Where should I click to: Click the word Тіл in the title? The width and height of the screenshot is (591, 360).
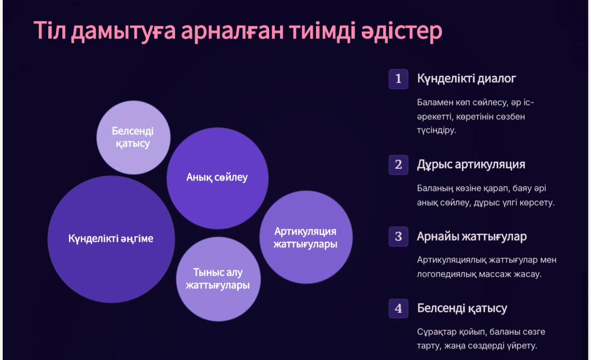tap(49, 30)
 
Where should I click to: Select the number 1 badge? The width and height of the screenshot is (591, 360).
tap(398, 79)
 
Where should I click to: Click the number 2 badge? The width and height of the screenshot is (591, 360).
tap(398, 165)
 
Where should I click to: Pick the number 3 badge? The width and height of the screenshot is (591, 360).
tap(398, 237)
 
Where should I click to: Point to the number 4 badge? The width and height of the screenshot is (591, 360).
tap(398, 308)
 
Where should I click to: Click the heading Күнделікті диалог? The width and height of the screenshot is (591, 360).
tap(466, 79)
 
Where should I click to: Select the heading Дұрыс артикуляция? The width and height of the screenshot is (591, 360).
tap(471, 165)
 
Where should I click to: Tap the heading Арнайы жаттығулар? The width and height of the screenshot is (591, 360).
tap(472, 237)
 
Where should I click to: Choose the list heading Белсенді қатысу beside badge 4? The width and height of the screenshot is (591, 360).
tap(462, 308)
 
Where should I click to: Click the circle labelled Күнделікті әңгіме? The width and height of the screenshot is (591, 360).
tap(111, 239)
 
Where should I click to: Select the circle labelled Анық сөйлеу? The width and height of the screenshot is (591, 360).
tap(217, 178)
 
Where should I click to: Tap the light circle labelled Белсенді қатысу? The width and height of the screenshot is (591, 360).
tap(133, 138)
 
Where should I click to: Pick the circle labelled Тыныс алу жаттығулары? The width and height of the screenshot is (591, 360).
tap(218, 279)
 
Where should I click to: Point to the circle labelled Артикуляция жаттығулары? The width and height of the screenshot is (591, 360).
tap(306, 237)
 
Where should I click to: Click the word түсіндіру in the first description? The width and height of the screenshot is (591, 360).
tap(436, 131)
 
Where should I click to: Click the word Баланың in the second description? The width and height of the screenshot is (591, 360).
tap(435, 189)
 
